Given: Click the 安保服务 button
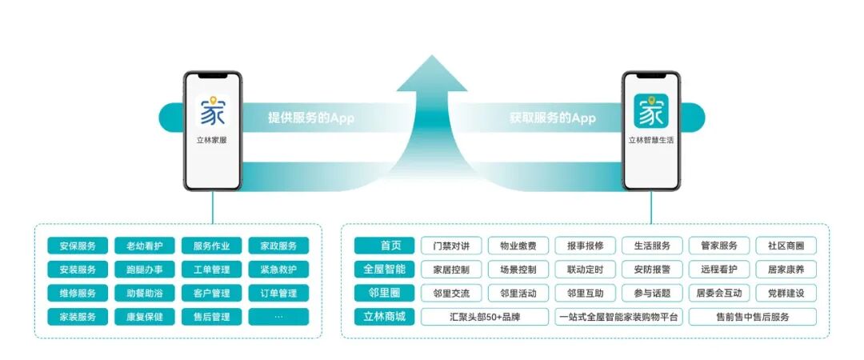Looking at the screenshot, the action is tap(78, 246).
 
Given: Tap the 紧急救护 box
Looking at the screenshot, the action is tap(278, 270).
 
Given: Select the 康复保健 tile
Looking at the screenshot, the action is tap(145, 317).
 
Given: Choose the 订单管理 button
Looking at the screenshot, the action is tap(278, 294).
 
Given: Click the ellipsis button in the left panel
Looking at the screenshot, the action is tap(278, 317).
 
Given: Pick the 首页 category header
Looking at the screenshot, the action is tap(385, 246).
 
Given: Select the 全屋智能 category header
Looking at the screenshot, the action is tap(385, 270).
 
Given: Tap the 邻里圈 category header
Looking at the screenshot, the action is tap(385, 294).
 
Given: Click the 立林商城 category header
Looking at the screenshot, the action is tap(385, 317).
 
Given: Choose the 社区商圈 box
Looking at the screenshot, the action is tap(786, 246).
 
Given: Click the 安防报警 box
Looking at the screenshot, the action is tap(652, 270).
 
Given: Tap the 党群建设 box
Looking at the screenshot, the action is tap(786, 294).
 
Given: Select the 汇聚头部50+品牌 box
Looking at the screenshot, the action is tap(486, 317).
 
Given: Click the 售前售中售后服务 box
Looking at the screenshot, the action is tap(751, 317).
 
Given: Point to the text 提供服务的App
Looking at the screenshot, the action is tap(310, 118).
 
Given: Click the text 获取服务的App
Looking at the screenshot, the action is tap(553, 118).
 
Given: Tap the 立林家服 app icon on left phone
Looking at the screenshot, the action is tap(212, 112).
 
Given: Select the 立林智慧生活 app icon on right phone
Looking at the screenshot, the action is tap(650, 112).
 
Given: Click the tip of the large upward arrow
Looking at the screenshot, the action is tap(432, 58).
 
